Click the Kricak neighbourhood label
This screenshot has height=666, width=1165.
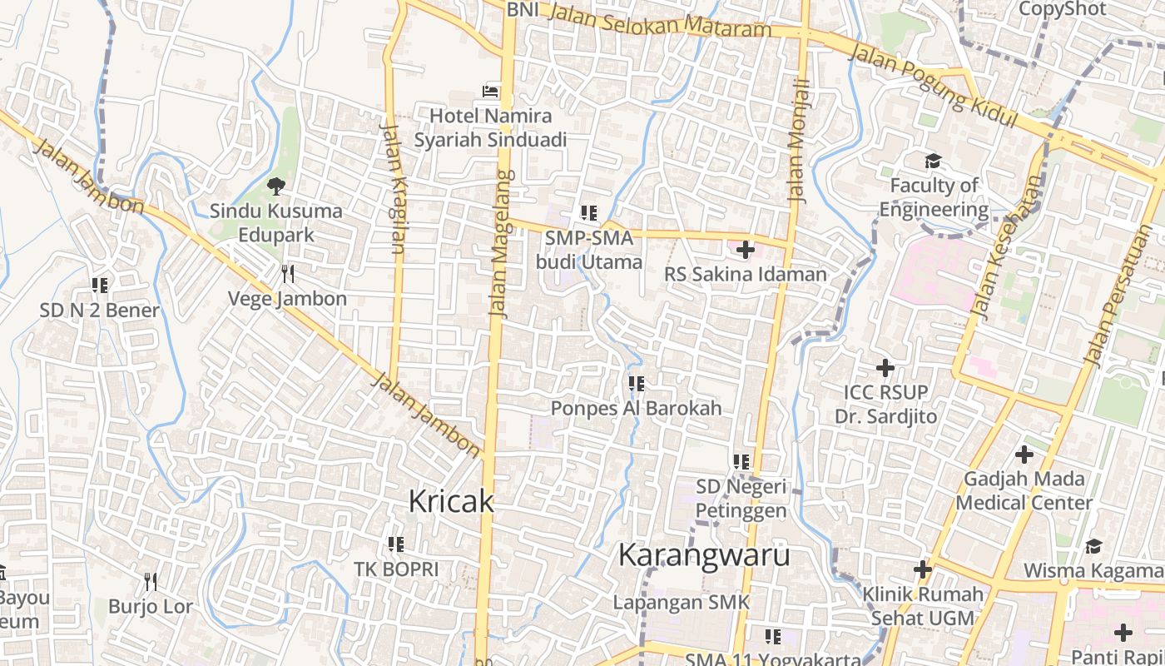[x=451, y=501]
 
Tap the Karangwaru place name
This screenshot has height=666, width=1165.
[x=704, y=555]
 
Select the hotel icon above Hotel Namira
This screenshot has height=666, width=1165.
[x=491, y=91]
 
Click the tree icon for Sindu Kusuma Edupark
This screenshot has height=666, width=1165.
[x=275, y=186]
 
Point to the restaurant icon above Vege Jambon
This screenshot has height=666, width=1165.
[x=287, y=273]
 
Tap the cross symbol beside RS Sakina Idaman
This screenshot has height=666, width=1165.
[x=745, y=249]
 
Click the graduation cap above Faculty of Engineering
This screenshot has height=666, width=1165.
[x=933, y=161]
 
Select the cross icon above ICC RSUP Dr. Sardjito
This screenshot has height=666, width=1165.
[x=885, y=367]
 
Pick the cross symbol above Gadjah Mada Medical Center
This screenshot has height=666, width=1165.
[x=1024, y=455]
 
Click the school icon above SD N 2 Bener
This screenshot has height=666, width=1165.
[x=100, y=286]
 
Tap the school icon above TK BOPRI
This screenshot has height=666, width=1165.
[x=396, y=544]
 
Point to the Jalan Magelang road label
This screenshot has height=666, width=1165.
[x=499, y=243]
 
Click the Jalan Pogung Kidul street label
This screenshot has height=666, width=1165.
[x=934, y=86]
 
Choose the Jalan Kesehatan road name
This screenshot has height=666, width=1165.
[x=1007, y=248]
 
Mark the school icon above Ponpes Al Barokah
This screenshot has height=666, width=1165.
[x=637, y=384]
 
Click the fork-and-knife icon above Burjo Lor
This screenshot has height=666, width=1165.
[x=151, y=581]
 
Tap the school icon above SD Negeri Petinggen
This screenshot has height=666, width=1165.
[x=741, y=461]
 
